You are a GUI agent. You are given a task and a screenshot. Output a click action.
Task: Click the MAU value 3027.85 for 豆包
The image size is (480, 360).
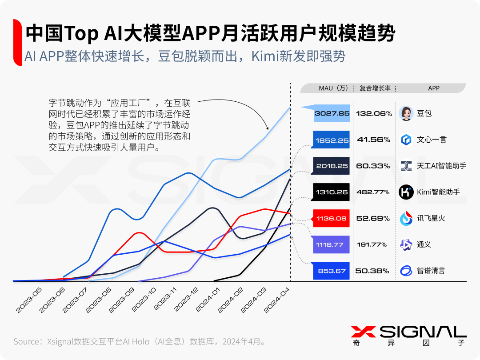332,113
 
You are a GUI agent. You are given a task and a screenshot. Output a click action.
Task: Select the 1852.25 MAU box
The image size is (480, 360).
332,140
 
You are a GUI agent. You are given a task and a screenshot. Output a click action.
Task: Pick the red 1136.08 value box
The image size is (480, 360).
332,218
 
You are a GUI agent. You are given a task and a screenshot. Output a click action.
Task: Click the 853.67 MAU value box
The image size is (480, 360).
332,271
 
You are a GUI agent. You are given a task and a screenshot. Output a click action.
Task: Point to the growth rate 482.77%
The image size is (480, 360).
373,192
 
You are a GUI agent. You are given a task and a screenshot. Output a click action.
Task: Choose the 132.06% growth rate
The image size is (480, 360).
373,113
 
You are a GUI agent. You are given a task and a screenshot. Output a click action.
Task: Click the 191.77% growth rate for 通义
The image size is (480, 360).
373,244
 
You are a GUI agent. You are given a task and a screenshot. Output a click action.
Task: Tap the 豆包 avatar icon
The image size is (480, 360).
406,113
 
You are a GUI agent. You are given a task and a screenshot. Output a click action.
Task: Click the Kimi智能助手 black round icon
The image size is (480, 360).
406,192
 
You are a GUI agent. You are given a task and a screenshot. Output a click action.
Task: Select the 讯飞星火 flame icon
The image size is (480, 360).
406,218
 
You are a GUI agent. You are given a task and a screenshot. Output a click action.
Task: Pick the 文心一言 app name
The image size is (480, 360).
431,140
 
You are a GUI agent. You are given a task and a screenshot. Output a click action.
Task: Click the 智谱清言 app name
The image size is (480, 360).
431,271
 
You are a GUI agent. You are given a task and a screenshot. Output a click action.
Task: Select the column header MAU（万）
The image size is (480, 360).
333,88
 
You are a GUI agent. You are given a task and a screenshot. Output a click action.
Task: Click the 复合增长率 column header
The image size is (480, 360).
375,88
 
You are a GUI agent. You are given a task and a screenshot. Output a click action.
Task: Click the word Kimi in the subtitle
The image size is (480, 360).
265,56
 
